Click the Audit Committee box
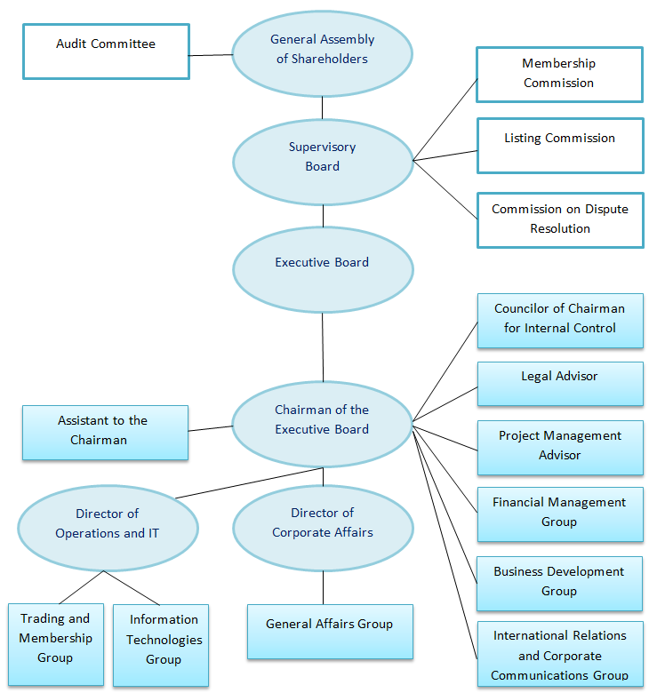point(106,51)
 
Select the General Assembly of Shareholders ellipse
point(323,51)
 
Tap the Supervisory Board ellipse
point(323,157)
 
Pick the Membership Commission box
point(559,75)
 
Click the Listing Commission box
point(560,146)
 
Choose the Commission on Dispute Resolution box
point(560,219)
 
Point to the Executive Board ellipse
point(323,264)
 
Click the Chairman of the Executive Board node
point(322,420)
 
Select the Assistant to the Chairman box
point(105,432)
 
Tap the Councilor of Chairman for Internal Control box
point(560,320)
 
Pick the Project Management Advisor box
point(560,447)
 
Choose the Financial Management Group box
point(560,514)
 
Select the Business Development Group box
point(559,583)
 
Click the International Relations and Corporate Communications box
point(560,656)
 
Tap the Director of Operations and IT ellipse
point(108,524)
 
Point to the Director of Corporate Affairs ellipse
point(323,524)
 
